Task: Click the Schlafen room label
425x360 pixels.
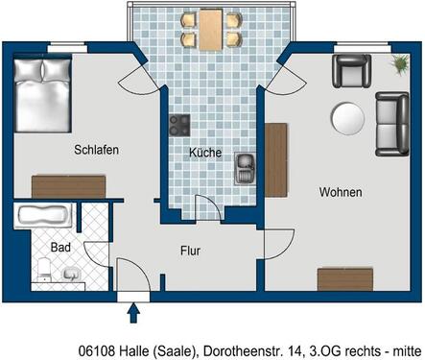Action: (94, 150)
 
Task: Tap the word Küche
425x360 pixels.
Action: (204, 153)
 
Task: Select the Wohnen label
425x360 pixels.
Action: (342, 193)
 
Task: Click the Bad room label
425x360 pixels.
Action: (59, 248)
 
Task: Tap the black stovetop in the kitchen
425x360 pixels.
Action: (179, 125)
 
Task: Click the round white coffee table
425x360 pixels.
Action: (347, 119)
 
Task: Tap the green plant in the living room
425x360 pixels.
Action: (397, 62)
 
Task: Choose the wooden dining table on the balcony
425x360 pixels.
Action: (210, 30)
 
